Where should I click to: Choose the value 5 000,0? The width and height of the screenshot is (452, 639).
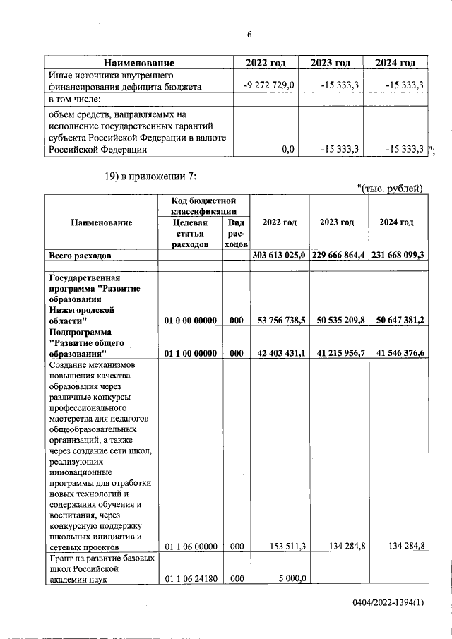click(x=291, y=580)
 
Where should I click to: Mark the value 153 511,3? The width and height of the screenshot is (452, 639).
click(x=285, y=546)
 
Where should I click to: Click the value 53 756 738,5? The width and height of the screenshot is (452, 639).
click(x=280, y=320)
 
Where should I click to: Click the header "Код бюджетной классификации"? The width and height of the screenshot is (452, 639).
click(x=203, y=205)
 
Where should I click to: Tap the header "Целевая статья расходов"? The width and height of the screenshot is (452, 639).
click(x=190, y=232)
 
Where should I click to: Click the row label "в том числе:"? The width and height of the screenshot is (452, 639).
click(x=74, y=99)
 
